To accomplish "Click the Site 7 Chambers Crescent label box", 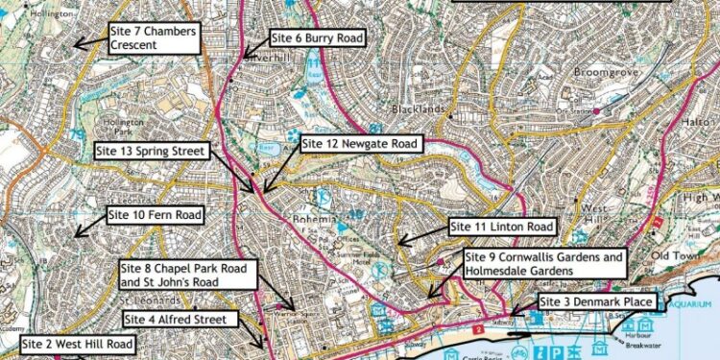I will click(x=154, y=38).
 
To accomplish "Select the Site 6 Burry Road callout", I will click(x=318, y=38).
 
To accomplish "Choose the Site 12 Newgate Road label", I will click(x=361, y=144).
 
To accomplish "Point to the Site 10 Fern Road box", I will click(x=156, y=215).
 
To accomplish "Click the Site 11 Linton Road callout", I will click(x=502, y=227).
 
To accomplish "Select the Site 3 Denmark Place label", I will click(x=597, y=302).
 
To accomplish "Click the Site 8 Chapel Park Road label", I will click(x=187, y=275).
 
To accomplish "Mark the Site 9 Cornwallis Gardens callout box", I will click(x=545, y=264).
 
